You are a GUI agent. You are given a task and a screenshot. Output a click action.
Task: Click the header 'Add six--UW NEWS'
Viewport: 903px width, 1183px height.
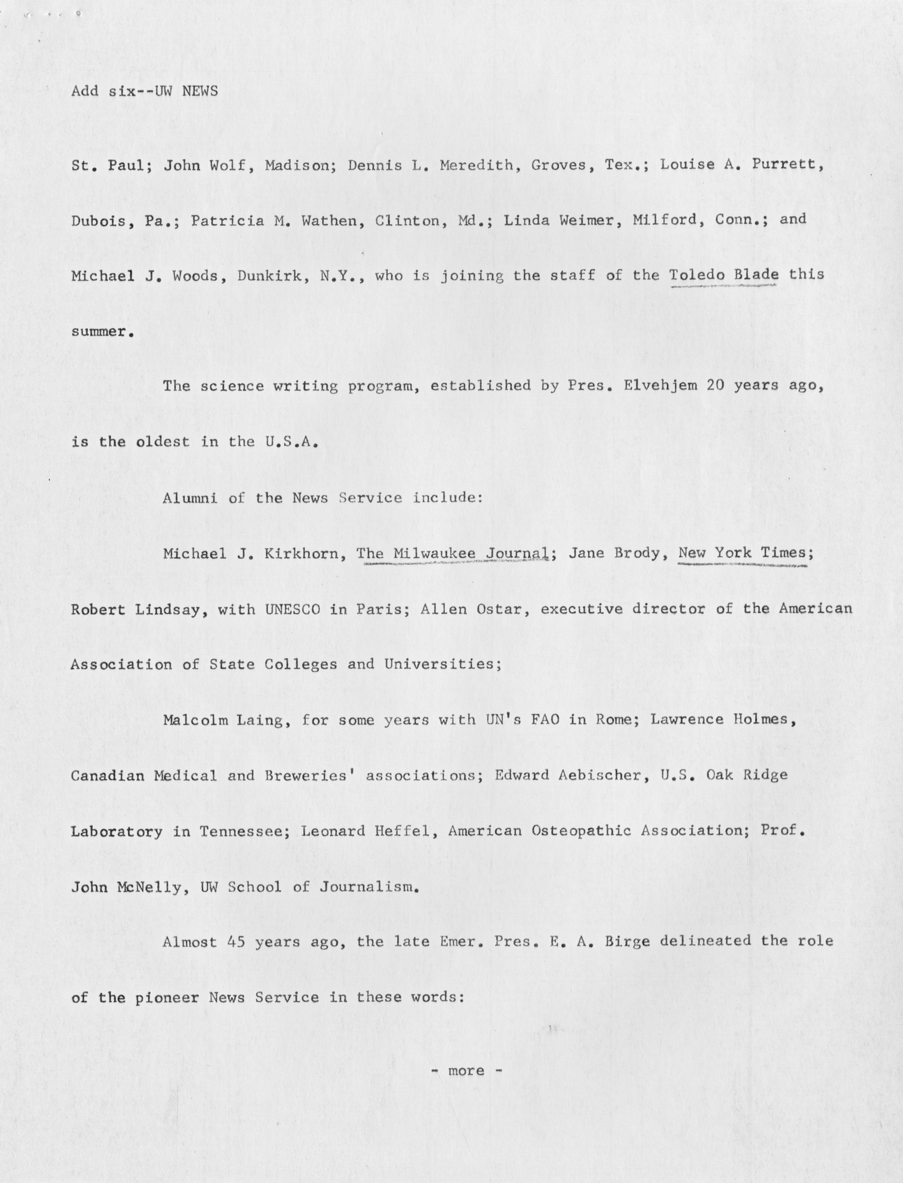coord(145,91)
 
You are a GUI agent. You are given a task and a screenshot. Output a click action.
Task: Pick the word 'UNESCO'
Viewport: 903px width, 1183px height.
coord(292,609)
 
